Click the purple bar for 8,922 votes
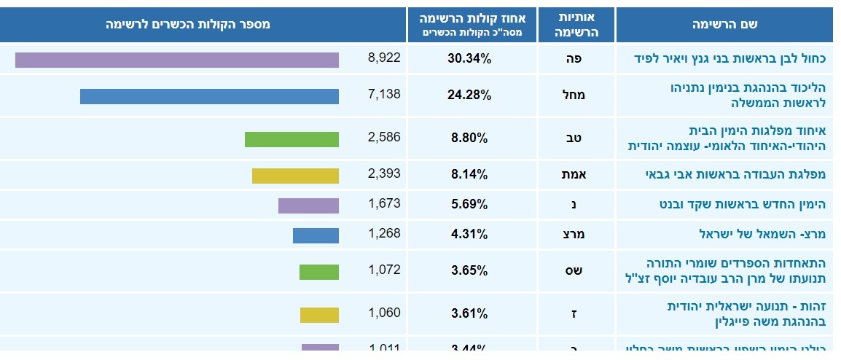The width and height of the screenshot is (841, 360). (177, 60)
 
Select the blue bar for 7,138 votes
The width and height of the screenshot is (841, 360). (209, 96)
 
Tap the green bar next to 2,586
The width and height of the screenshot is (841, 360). (292, 139)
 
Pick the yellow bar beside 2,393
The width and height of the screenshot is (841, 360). (295, 176)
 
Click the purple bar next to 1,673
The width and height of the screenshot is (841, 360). (308, 206)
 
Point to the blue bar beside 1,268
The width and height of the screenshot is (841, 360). (316, 235)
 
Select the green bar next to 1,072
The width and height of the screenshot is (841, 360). (319, 272)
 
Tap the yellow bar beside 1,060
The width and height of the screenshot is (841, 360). (319, 315)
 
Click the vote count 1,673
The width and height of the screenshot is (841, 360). (384, 203)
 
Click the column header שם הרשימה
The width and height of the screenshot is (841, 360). (724, 25)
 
